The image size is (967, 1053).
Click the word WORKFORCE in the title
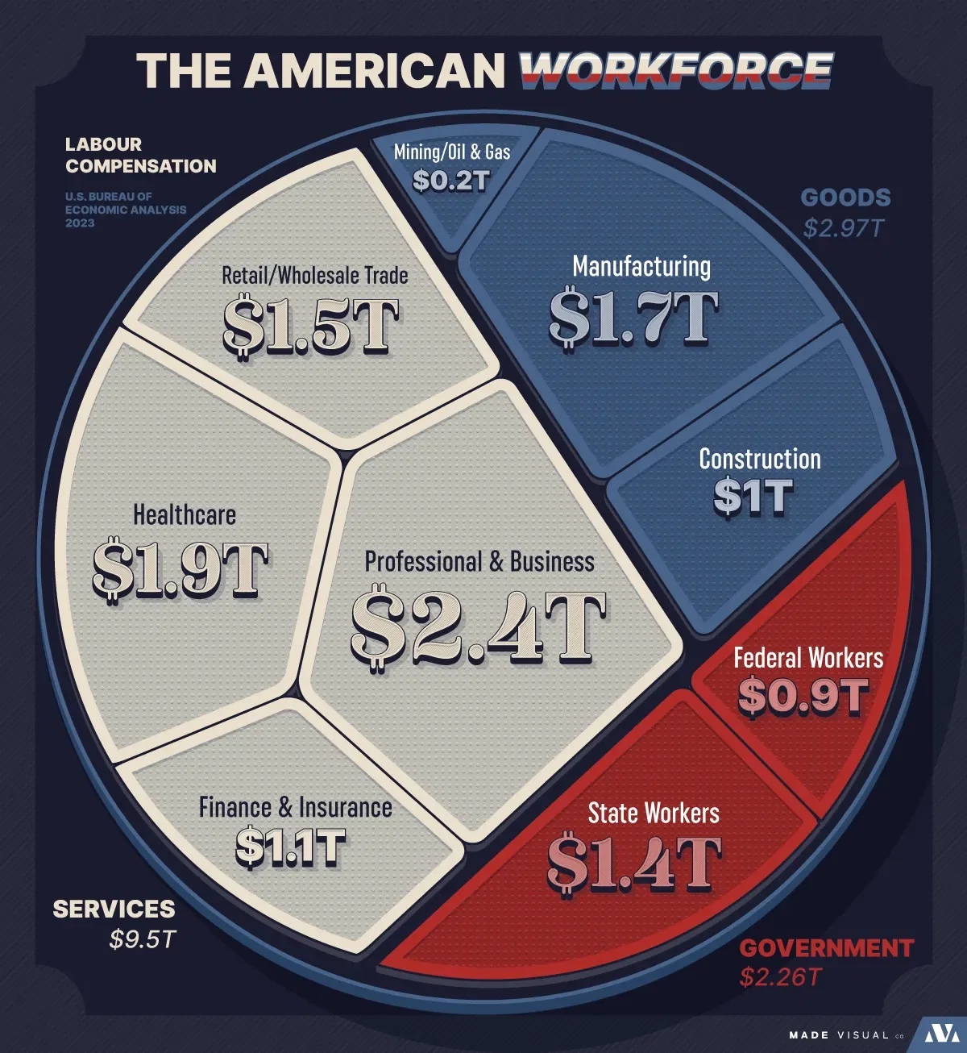pyautogui.click(x=675, y=70)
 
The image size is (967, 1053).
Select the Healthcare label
pyautogui.click(x=185, y=514)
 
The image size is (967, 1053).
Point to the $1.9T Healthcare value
pyautogui.click(x=181, y=570)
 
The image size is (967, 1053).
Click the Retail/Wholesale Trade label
pyautogui.click(x=314, y=275)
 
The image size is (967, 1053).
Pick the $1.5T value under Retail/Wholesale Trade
pyautogui.click(x=311, y=327)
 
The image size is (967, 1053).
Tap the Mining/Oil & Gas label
pyautogui.click(x=452, y=151)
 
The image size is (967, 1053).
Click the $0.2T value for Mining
pyautogui.click(x=451, y=180)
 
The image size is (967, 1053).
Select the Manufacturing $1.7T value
pyautogui.click(x=633, y=318)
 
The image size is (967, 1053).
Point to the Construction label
pyautogui.click(x=760, y=459)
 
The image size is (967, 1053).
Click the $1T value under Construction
pyautogui.click(x=753, y=497)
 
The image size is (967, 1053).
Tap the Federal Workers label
pyautogui.click(x=808, y=658)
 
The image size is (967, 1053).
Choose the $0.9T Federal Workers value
pyautogui.click(x=803, y=696)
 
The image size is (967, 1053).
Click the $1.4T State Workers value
pyautogui.click(x=634, y=863)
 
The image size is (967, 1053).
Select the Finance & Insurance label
pyautogui.click(x=296, y=807)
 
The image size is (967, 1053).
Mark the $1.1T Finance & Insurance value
pyautogui.click(x=291, y=847)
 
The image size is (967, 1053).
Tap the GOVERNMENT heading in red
pyautogui.click(x=827, y=947)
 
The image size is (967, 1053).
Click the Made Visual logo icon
pyautogui.click(x=938, y=1034)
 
